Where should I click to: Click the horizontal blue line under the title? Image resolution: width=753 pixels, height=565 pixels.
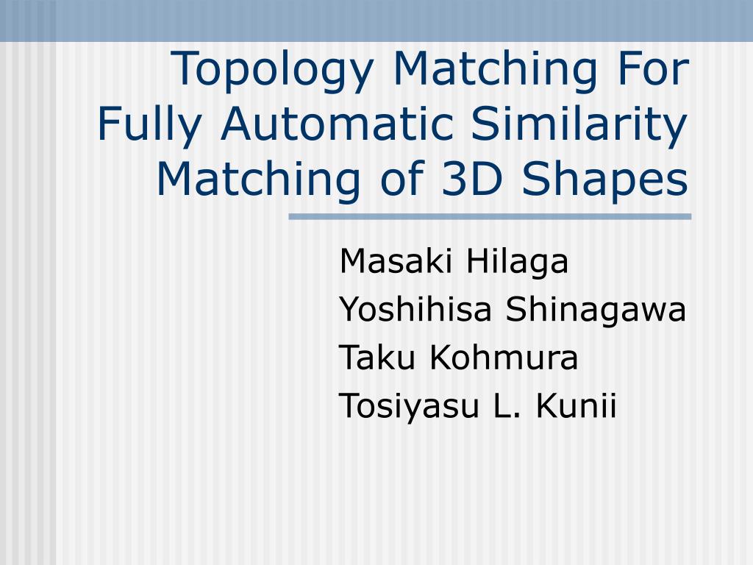coord(490,217)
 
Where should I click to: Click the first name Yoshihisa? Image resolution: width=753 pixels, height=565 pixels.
coord(415,311)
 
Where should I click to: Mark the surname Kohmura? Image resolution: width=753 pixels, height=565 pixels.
coord(504,359)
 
